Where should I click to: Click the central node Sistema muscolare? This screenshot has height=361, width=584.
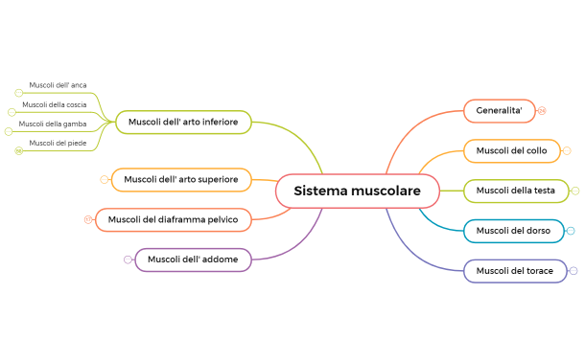click(357, 192)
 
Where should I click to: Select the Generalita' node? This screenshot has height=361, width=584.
click(499, 111)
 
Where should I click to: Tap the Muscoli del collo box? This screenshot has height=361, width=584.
click(511, 150)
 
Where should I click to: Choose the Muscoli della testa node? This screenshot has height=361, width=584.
click(516, 191)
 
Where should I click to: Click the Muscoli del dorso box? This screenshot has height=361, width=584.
click(512, 231)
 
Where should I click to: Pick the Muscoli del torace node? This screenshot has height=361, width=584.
click(514, 271)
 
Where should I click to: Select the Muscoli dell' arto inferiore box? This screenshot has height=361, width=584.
click(183, 122)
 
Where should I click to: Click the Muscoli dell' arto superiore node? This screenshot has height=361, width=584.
click(181, 179)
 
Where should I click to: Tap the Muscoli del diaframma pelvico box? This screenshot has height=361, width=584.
click(174, 219)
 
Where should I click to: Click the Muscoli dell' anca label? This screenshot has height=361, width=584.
click(58, 85)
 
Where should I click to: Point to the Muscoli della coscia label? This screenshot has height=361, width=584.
click(55, 104)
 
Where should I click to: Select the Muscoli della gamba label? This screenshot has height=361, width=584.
click(53, 124)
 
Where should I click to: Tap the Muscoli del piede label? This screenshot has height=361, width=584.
click(58, 143)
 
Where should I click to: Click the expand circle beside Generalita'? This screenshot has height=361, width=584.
click(542, 111)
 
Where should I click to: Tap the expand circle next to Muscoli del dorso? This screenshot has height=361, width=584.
click(571, 231)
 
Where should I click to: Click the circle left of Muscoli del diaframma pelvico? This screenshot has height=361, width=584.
click(88, 219)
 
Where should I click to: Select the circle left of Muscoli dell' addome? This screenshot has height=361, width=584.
click(128, 259)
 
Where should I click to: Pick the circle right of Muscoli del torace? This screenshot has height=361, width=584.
click(573, 271)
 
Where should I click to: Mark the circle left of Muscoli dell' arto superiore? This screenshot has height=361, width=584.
click(105, 179)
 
